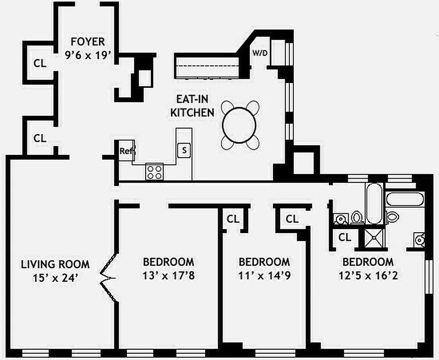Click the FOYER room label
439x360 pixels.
[x=85, y=42]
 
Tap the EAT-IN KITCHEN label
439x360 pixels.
[x=192, y=106]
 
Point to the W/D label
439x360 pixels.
[x=259, y=53]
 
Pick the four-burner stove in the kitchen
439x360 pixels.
[x=154, y=172]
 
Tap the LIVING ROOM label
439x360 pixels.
[x=55, y=264]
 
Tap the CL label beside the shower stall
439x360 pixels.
[x=345, y=237]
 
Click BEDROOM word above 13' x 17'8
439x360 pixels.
[x=169, y=262]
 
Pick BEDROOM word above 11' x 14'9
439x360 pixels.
[x=264, y=262]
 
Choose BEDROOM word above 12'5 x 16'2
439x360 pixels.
[x=368, y=262]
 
